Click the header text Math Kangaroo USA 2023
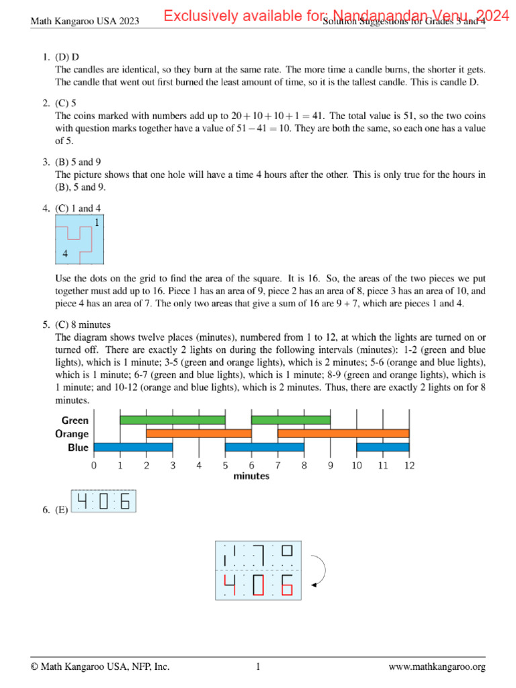[85, 21]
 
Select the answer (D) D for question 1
[67, 56]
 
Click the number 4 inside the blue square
[64, 254]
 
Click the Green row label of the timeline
[75, 421]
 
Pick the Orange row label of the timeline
[72, 434]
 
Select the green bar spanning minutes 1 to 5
[173, 421]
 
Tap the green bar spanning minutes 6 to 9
[290, 421]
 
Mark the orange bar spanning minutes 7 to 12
[343, 434]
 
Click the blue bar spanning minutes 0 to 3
[133, 447]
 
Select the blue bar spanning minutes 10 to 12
[382, 447]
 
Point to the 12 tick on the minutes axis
[408, 464]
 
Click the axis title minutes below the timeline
[251, 476]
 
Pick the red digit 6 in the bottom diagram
[287, 587]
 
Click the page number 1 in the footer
[258, 667]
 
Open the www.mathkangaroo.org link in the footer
[437, 667]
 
